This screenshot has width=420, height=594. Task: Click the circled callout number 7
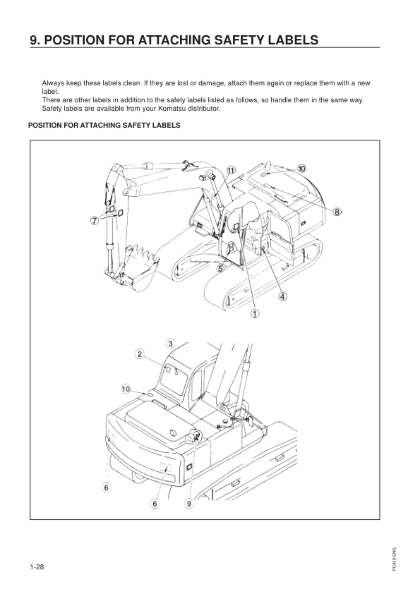click(94, 222)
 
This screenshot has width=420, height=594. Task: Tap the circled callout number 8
click(337, 212)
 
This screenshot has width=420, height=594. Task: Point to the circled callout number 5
click(221, 269)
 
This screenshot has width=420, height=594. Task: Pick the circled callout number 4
click(282, 296)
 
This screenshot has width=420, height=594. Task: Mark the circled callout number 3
click(170, 343)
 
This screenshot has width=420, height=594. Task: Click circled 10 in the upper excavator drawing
click(301, 169)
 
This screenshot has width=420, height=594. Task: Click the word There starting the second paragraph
click(52, 100)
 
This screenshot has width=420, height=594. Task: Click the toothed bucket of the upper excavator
click(138, 268)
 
